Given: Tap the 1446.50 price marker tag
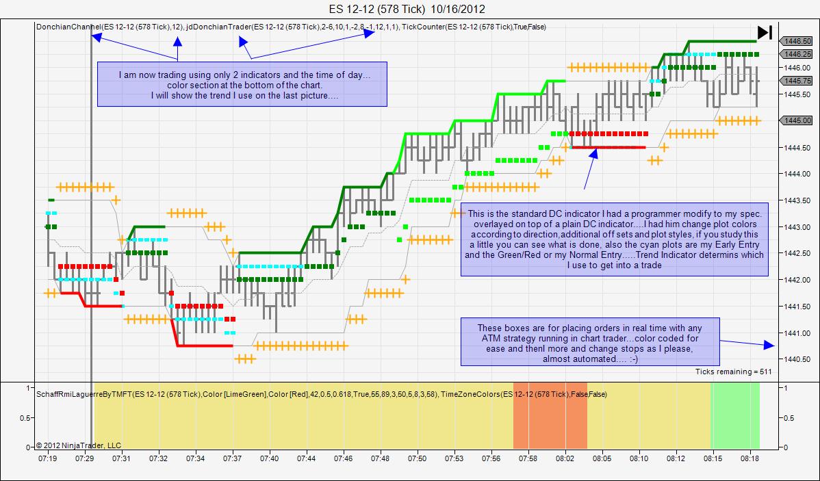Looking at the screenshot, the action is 796,41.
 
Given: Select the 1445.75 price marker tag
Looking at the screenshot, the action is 796,81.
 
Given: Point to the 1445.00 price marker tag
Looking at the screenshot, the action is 796,120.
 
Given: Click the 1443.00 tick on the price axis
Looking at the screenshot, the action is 797,227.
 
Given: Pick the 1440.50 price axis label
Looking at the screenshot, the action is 797,359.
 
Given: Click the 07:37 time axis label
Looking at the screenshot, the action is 232,458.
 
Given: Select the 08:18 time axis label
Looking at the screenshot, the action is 750,458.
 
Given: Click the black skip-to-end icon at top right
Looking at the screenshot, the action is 765,32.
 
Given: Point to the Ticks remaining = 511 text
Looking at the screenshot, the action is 733,372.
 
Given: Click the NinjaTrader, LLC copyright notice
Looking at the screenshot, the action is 78,445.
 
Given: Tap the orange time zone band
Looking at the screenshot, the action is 550,416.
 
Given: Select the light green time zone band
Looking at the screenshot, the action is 734,416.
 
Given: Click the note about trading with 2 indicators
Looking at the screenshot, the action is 242,84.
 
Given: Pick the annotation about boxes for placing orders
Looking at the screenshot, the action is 590,341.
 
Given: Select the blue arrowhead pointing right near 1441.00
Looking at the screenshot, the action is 769,345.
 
